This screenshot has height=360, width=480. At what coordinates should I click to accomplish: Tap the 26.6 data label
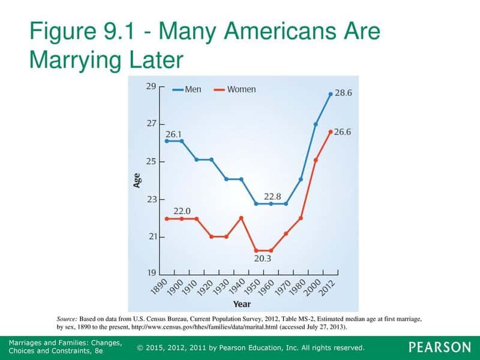pos(343,132)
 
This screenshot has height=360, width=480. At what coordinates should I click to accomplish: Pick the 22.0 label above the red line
pos(182,211)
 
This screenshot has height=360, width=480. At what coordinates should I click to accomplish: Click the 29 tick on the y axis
pos(151,86)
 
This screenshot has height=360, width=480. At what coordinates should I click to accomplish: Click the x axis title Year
pos(242,304)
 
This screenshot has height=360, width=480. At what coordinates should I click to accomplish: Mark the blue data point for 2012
pos(331,94)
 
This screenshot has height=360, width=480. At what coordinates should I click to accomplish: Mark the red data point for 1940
pos(241,218)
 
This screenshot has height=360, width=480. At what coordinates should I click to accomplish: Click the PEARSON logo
pos(440,347)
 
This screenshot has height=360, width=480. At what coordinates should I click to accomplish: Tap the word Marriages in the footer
pos(28,342)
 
